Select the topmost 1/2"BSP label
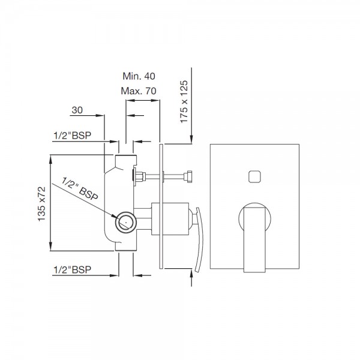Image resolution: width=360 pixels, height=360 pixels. click(x=76, y=136)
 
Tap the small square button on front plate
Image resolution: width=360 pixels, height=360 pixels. click(x=254, y=176)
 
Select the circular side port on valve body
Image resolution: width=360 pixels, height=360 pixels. click(x=125, y=222)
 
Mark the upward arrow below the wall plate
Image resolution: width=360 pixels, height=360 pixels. click(x=191, y=277)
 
